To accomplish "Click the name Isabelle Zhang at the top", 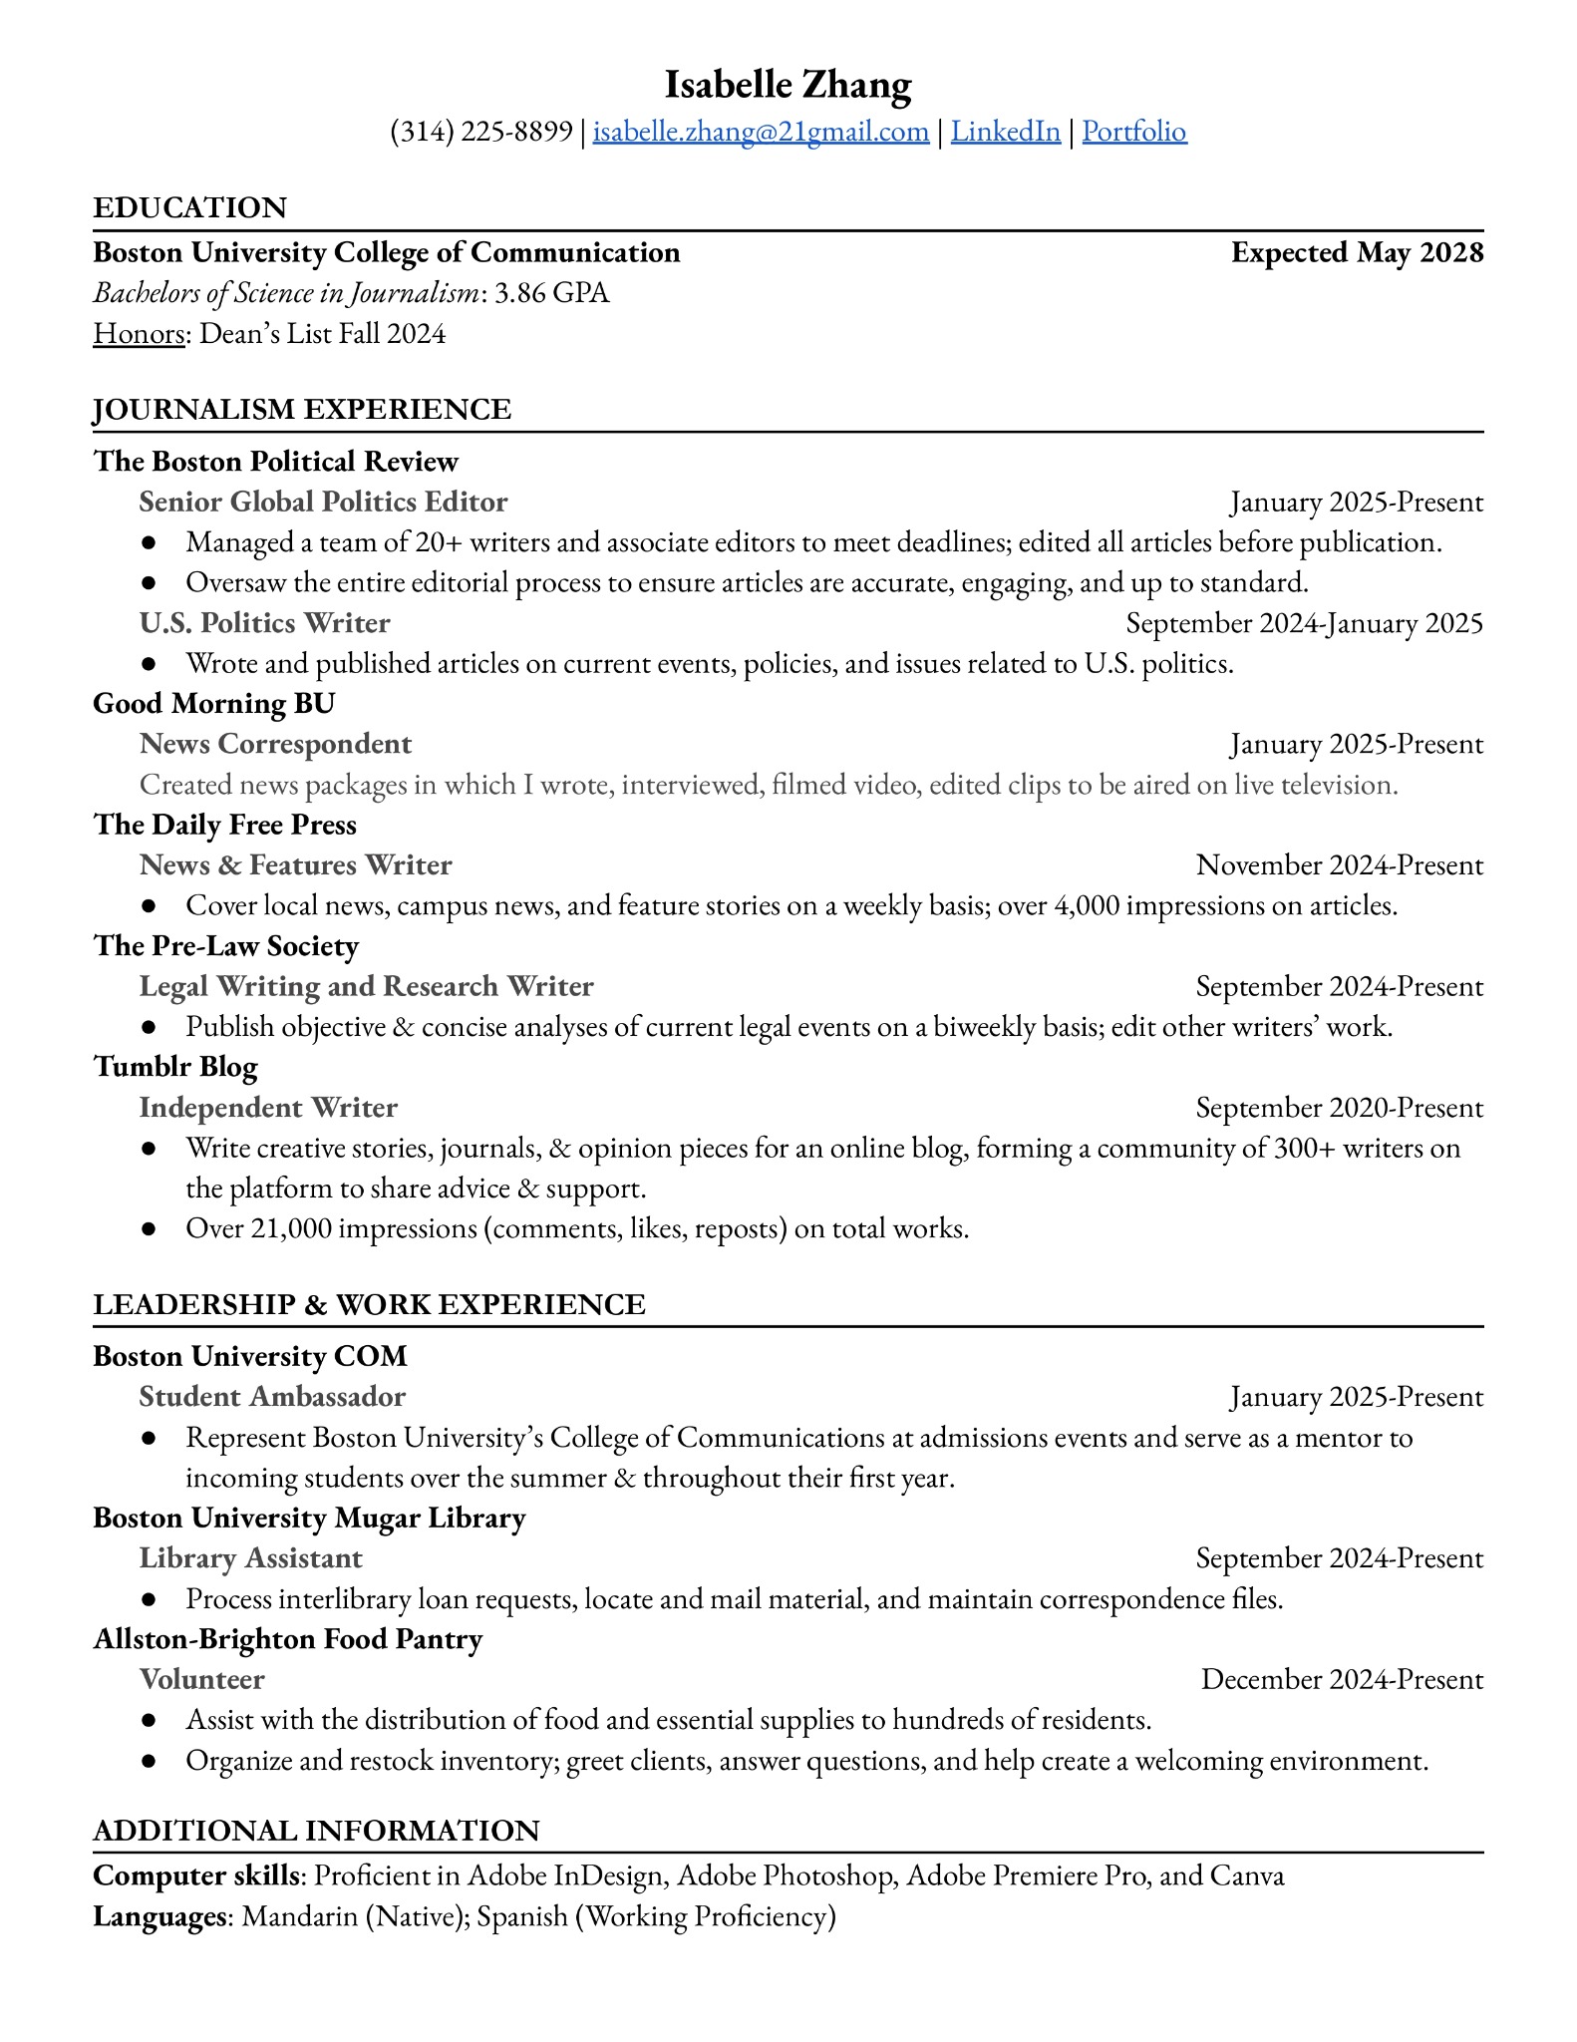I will [x=788, y=85].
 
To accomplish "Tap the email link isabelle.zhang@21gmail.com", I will [x=761, y=132].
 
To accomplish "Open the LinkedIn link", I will [x=1005, y=132].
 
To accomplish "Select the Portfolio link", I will [x=1134, y=132].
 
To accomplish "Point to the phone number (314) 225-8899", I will [x=481, y=132].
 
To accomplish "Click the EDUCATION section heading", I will [x=189, y=207].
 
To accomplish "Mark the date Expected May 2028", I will [x=1357, y=253].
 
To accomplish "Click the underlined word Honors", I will [x=139, y=333].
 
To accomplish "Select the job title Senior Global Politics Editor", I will [x=323, y=502].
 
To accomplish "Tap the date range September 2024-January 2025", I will [x=1304, y=623].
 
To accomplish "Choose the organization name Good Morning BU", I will [x=213, y=704].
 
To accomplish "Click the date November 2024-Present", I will [x=1339, y=865].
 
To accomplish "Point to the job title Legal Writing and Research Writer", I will [x=366, y=986].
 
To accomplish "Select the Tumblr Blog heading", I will [x=175, y=1067].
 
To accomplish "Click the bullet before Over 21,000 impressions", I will [x=149, y=1229].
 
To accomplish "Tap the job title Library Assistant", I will [x=250, y=1558].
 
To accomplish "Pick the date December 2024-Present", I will [x=1342, y=1679].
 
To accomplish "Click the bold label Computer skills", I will [x=195, y=1875].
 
